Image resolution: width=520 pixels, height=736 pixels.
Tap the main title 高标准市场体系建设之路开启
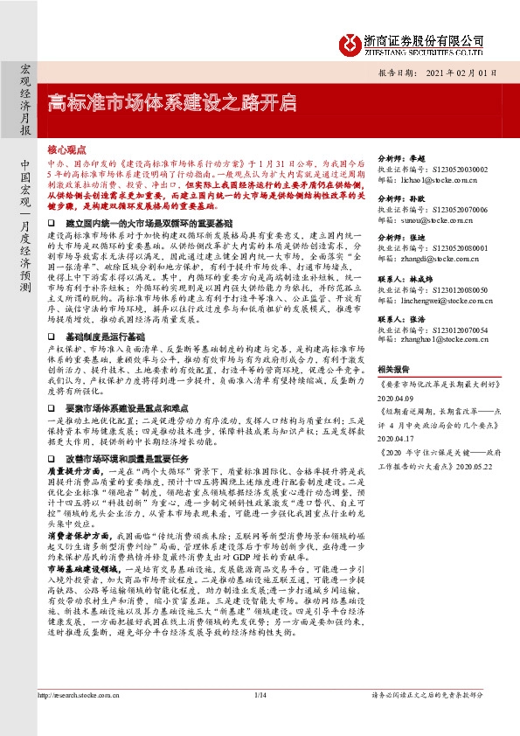(x=170, y=102)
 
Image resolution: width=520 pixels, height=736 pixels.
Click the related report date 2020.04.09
(x=401, y=393)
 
